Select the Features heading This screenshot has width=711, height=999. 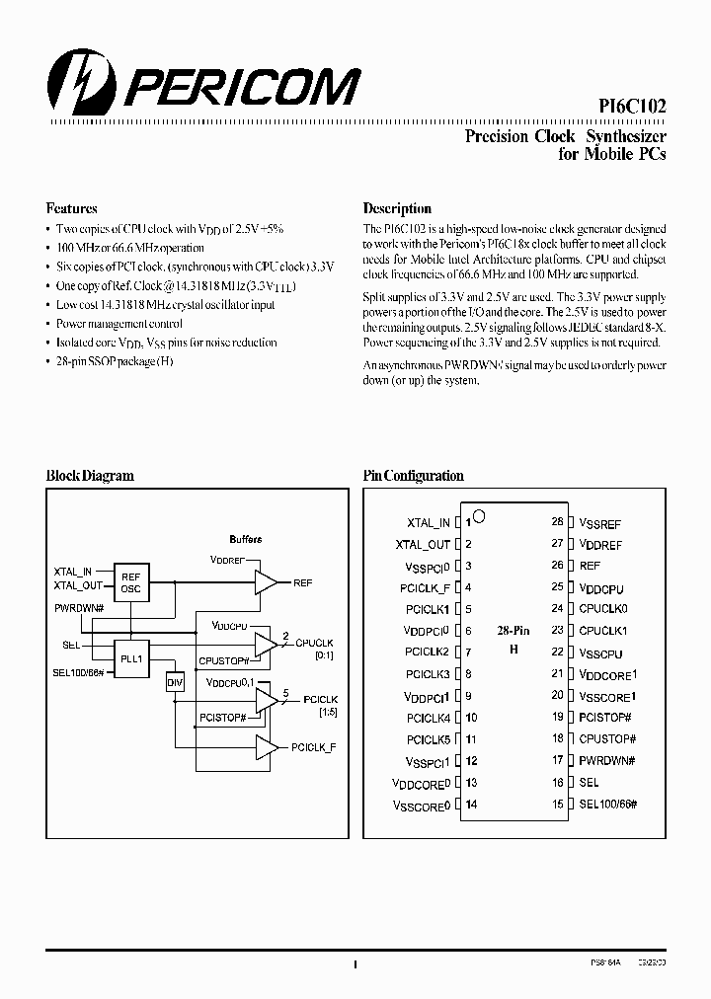pyautogui.click(x=72, y=208)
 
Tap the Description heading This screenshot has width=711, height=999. pyautogui.click(x=397, y=208)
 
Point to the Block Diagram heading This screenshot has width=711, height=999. pyautogui.click(x=90, y=476)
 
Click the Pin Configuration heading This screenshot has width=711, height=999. pyautogui.click(x=413, y=476)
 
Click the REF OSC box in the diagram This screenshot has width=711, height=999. pyautogui.click(x=130, y=582)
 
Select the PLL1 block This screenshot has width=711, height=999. pyautogui.click(x=130, y=659)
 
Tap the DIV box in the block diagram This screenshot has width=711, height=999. pyautogui.click(x=174, y=682)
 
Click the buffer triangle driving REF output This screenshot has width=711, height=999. pyautogui.click(x=265, y=582)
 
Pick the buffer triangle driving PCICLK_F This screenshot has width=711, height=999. pyautogui.click(x=265, y=748)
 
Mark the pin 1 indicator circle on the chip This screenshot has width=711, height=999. pyautogui.click(x=479, y=515)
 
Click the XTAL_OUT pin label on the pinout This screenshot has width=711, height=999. pyautogui.click(x=423, y=544)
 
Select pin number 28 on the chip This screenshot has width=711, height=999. pyautogui.click(x=557, y=521)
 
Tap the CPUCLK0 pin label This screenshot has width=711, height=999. pyautogui.click(x=603, y=609)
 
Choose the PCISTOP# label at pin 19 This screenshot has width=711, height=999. pyautogui.click(x=605, y=717)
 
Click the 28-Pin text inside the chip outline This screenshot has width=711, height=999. pyautogui.click(x=513, y=629)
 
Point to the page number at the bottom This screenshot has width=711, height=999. pyautogui.click(x=355, y=964)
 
